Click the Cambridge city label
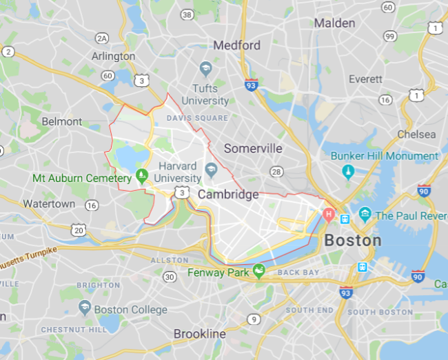point(228,194)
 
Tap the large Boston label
point(352,240)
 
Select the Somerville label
point(253,148)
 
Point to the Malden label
point(334,23)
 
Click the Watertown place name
point(49,204)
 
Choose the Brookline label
point(199,334)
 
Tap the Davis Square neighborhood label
point(197,118)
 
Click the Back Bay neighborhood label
point(298,272)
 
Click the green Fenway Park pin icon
point(259,271)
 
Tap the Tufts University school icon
point(205,68)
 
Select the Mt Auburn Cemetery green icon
point(142,176)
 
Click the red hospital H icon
point(329,215)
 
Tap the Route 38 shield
point(187,14)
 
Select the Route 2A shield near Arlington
point(103,38)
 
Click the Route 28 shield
point(276,171)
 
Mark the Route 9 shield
point(254,319)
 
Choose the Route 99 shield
point(389,36)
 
